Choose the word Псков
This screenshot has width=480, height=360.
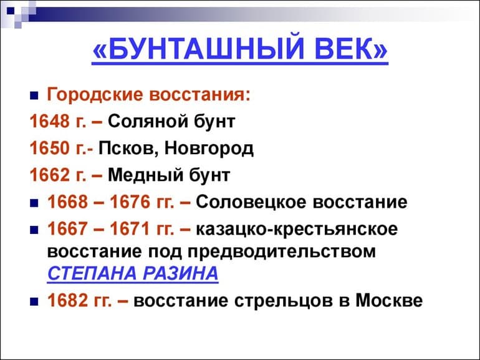[x=130, y=148]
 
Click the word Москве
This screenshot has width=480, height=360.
[x=389, y=300]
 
